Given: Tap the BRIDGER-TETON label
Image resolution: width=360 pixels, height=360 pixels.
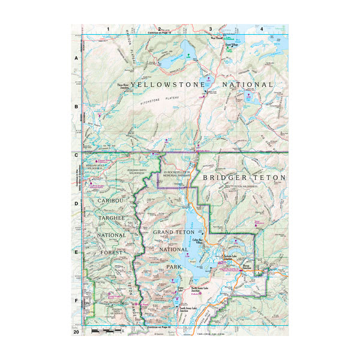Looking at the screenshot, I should click(245, 178).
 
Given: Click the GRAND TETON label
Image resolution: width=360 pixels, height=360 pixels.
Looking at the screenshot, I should click(175, 232).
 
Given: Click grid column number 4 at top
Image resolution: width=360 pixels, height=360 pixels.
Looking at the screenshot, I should click(262, 29).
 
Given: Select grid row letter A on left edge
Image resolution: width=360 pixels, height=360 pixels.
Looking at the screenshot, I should click(76, 58).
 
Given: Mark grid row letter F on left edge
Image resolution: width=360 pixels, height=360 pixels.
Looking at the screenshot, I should click(76, 301).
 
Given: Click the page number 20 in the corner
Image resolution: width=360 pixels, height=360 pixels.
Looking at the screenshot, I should click(76, 331).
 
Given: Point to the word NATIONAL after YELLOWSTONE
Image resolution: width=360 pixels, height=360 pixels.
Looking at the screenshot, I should click(248, 85).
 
